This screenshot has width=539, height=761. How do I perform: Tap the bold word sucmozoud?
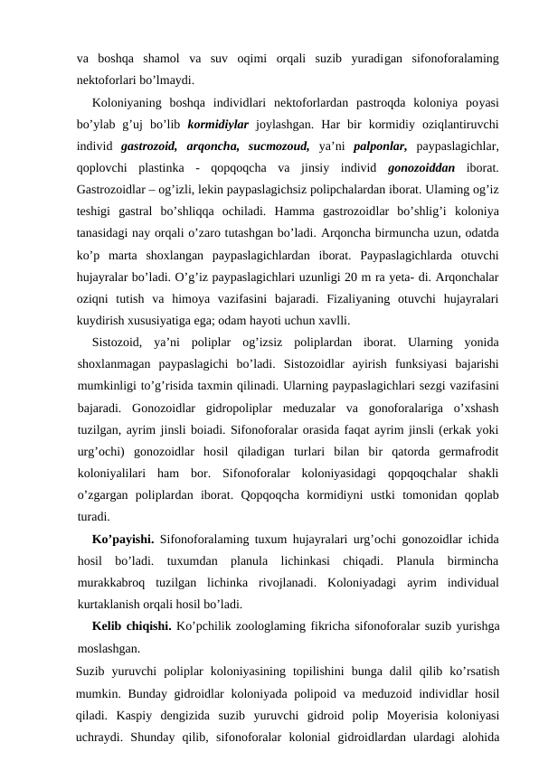(282, 145)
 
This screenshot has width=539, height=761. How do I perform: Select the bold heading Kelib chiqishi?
(131, 627)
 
